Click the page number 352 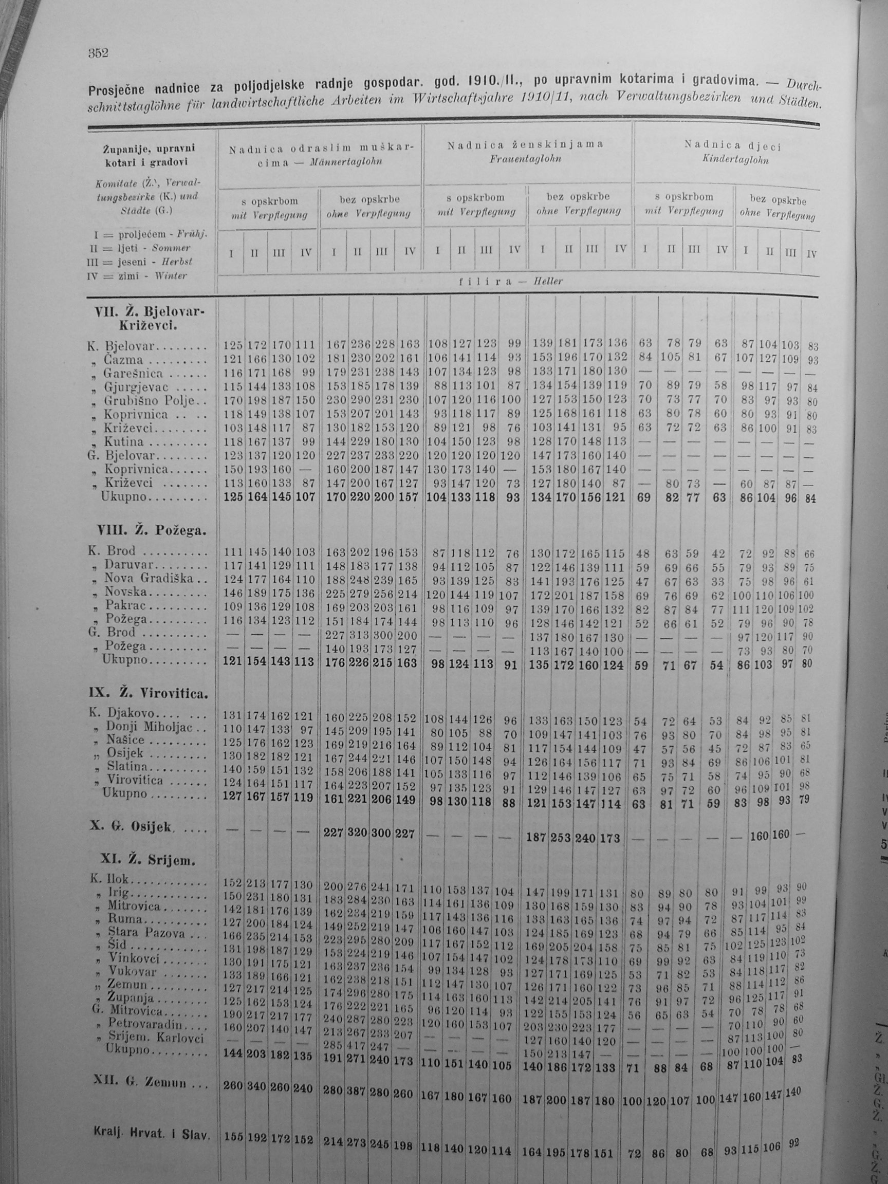click(x=98, y=52)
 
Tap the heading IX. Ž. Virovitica click(x=147, y=694)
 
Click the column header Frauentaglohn click(x=526, y=159)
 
